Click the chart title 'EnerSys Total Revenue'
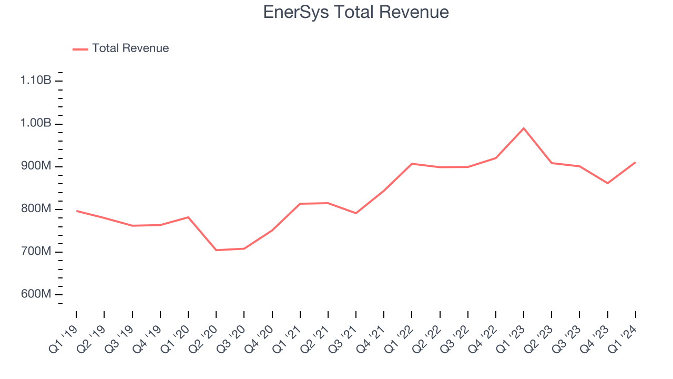click(x=356, y=12)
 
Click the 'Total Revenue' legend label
click(x=130, y=48)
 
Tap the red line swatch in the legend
click(x=80, y=49)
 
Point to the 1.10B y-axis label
click(x=36, y=81)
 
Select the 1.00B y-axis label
click(x=36, y=123)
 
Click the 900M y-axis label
click(x=36, y=166)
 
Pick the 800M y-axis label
click(x=36, y=209)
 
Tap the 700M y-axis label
click(x=36, y=252)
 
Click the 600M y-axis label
click(x=36, y=294)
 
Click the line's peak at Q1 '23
click(x=524, y=128)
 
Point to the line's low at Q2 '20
click(x=216, y=250)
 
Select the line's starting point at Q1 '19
click(x=76, y=211)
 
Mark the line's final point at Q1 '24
click(x=636, y=162)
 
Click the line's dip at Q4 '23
click(x=608, y=183)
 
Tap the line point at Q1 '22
click(x=412, y=164)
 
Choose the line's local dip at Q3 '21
click(x=356, y=213)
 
